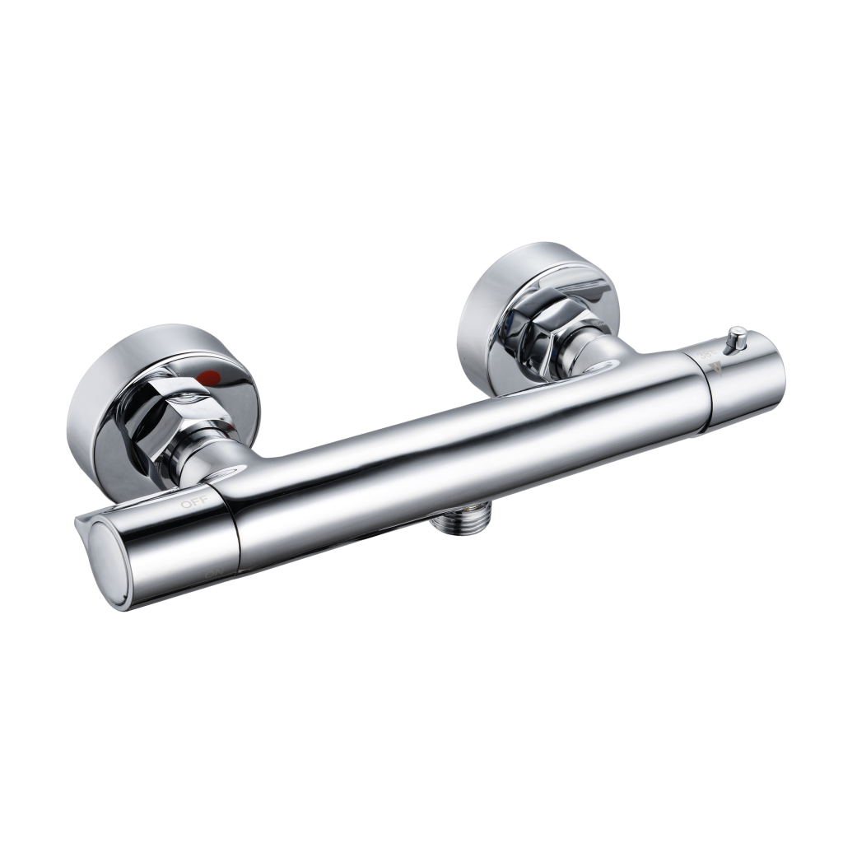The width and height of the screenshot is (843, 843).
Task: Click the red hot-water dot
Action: pos(215,377)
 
